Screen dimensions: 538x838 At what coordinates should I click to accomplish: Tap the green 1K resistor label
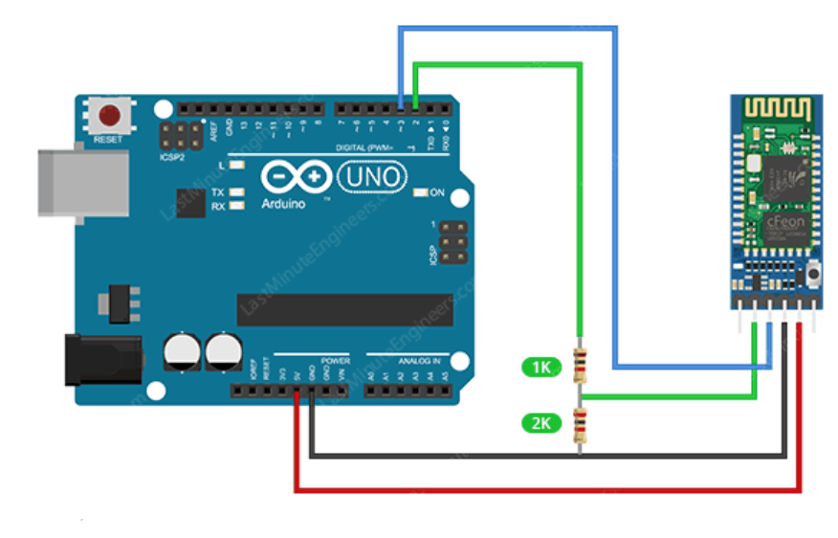tap(540, 366)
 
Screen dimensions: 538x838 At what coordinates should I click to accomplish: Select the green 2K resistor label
tap(540, 421)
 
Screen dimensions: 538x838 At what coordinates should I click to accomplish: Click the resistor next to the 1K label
tap(578, 365)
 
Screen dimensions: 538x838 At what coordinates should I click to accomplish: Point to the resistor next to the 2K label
tap(578, 422)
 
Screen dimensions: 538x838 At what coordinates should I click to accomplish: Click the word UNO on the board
tap(374, 176)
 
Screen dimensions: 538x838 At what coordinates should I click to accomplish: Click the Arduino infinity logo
tap(296, 178)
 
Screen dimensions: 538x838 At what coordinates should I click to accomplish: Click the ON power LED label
tap(437, 193)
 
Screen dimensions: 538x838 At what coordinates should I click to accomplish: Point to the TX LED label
tap(217, 192)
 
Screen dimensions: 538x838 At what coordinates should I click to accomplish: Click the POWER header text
tap(335, 361)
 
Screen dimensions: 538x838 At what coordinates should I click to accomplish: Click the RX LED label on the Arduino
tap(217, 205)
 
